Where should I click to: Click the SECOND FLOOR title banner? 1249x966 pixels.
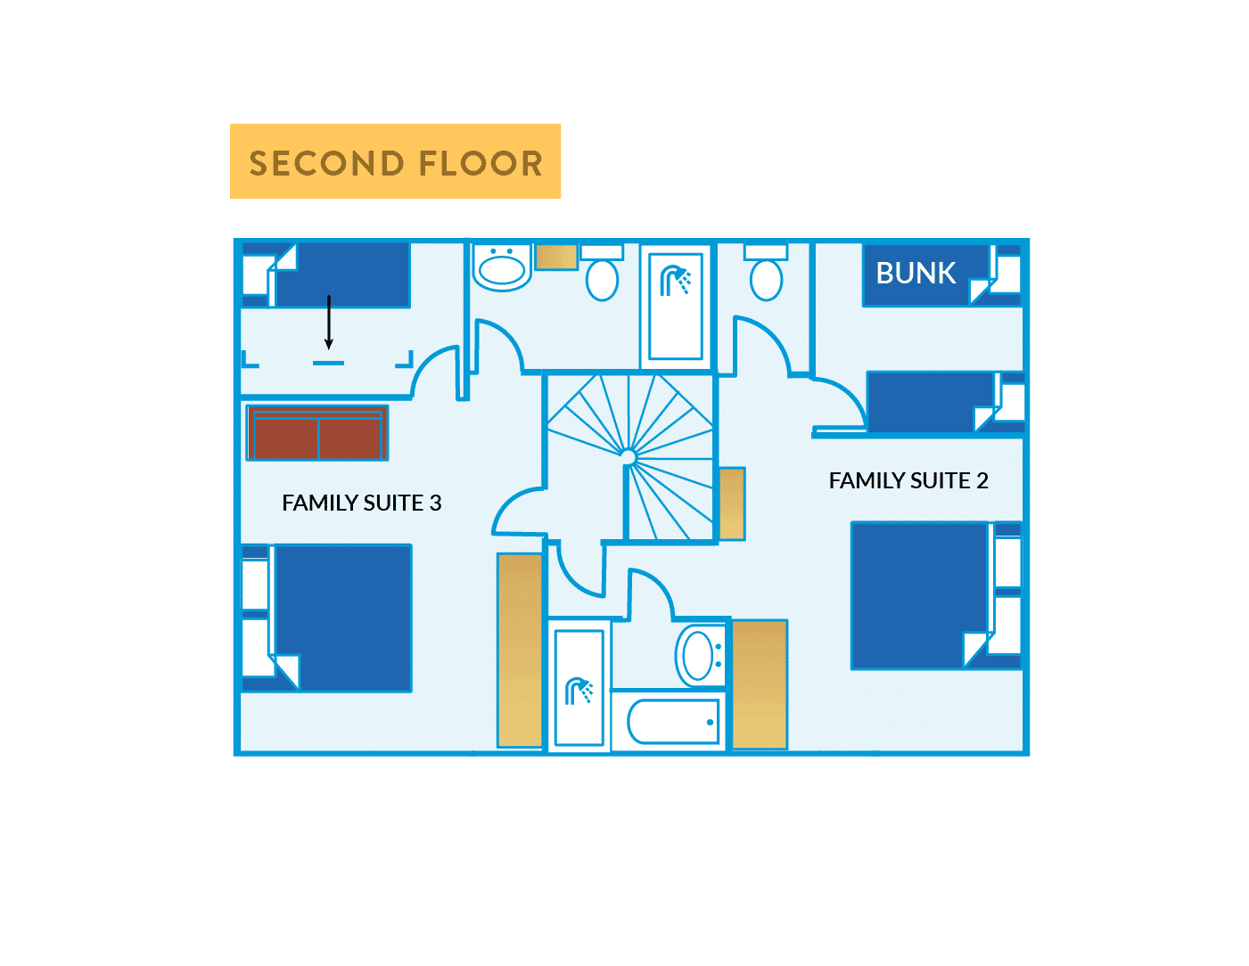click(395, 161)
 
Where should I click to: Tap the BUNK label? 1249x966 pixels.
click(916, 273)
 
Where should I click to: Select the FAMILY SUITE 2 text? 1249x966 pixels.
click(908, 481)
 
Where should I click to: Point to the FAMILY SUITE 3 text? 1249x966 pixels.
click(361, 503)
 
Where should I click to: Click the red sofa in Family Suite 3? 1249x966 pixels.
click(317, 433)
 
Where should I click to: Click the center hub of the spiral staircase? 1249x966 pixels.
click(628, 457)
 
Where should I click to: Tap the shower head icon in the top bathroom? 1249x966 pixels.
click(675, 282)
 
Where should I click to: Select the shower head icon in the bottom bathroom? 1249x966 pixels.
click(579, 691)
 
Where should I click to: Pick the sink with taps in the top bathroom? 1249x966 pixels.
click(502, 268)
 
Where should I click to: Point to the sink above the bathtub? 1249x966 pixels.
click(701, 655)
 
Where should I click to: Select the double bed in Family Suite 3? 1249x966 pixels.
click(341, 618)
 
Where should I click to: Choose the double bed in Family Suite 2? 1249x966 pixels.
click(920, 595)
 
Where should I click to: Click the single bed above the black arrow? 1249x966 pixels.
click(341, 275)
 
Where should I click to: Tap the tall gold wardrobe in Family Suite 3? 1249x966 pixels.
click(519, 650)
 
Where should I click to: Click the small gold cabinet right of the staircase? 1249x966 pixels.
click(732, 503)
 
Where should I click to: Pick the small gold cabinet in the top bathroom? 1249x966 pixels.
click(556, 257)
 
